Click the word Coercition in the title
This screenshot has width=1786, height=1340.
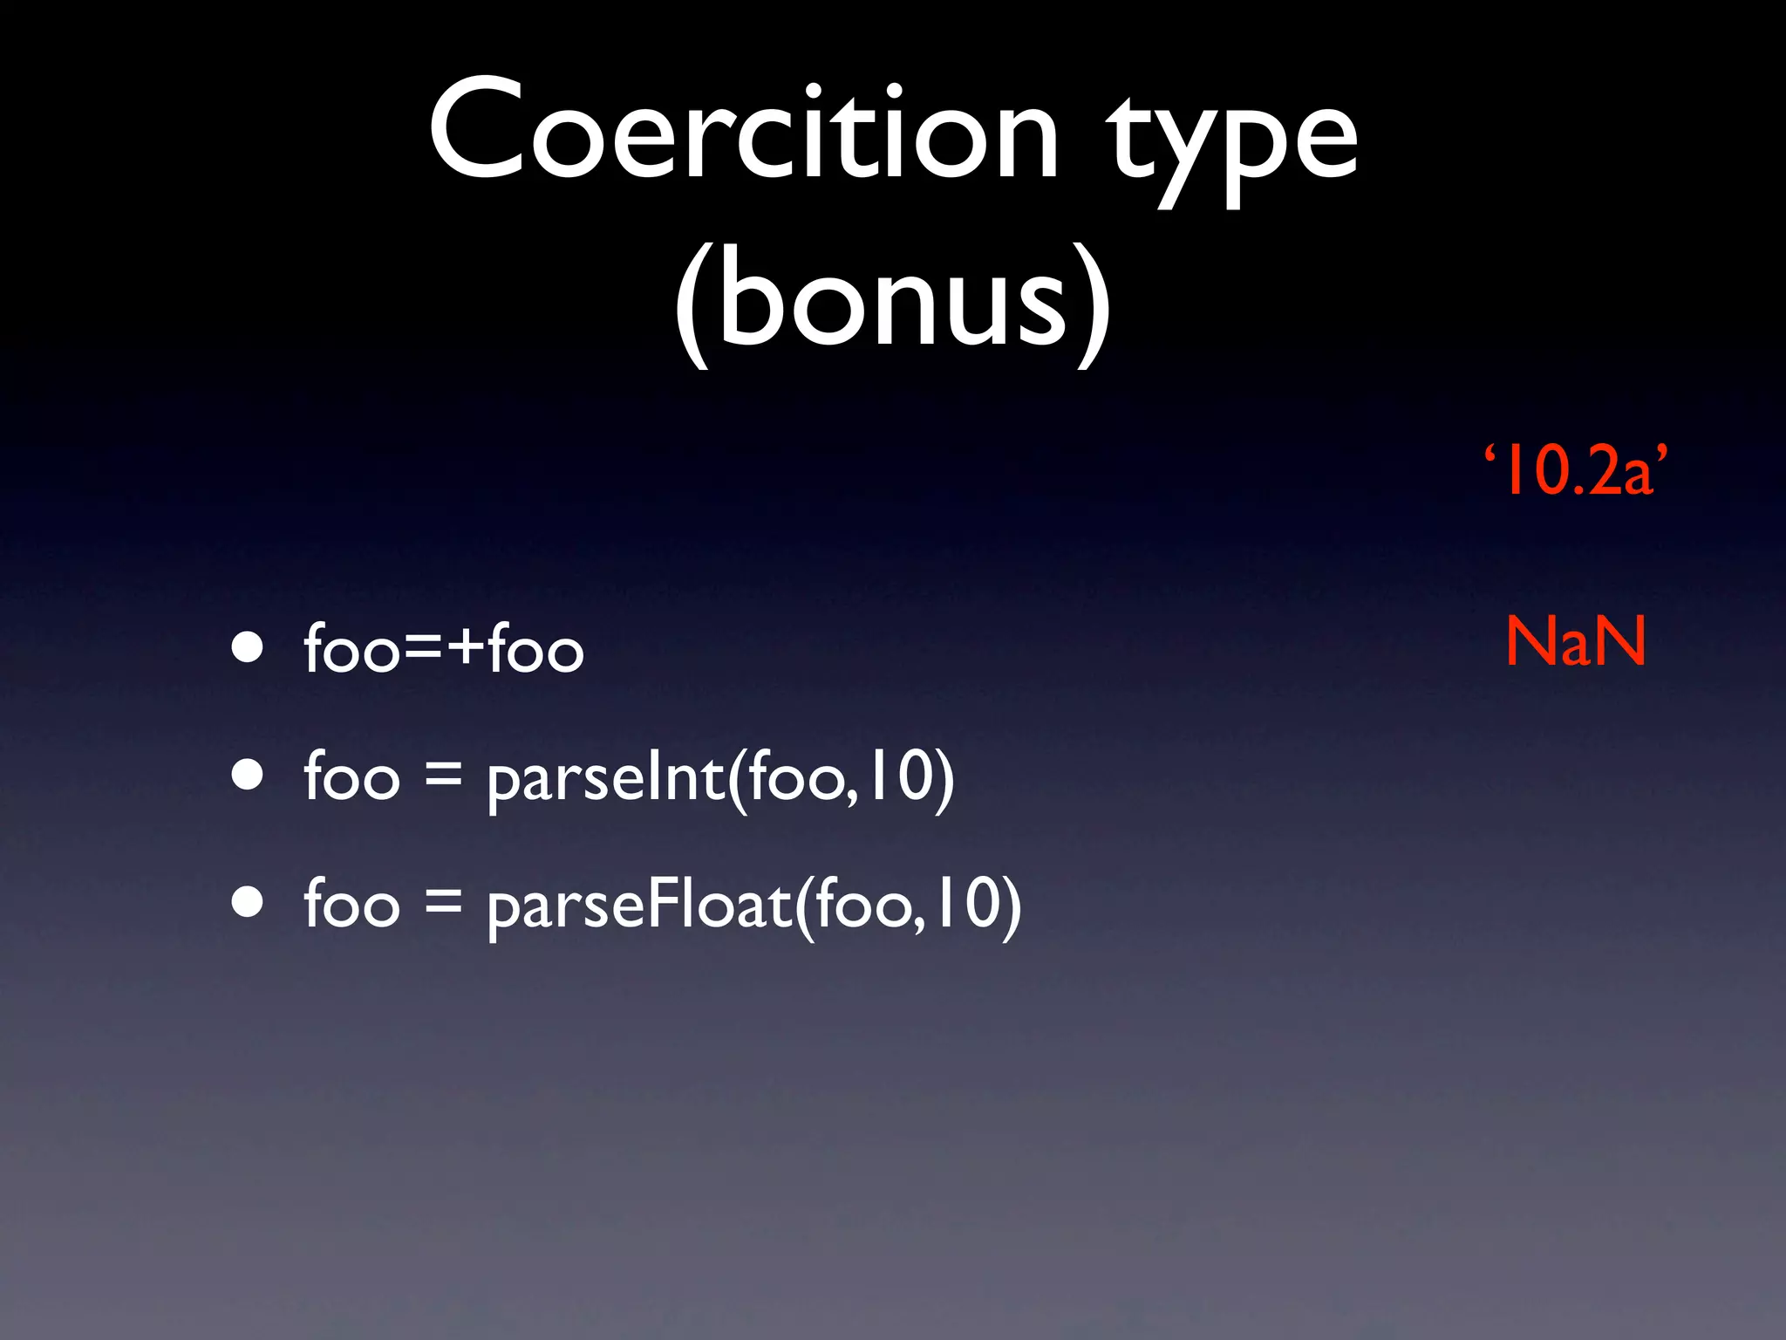pos(743,131)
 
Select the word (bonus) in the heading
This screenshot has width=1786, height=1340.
pos(892,301)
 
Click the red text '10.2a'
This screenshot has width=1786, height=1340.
pos(1576,471)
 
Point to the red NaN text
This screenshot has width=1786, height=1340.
pos(1576,641)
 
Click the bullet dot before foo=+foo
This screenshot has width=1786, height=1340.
pos(248,647)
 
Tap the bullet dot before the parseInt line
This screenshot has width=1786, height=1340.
pos(248,775)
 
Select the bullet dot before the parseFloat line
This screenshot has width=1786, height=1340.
pos(248,903)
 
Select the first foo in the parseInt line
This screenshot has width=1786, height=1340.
pos(351,776)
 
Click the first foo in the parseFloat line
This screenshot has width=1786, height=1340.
pos(351,905)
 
